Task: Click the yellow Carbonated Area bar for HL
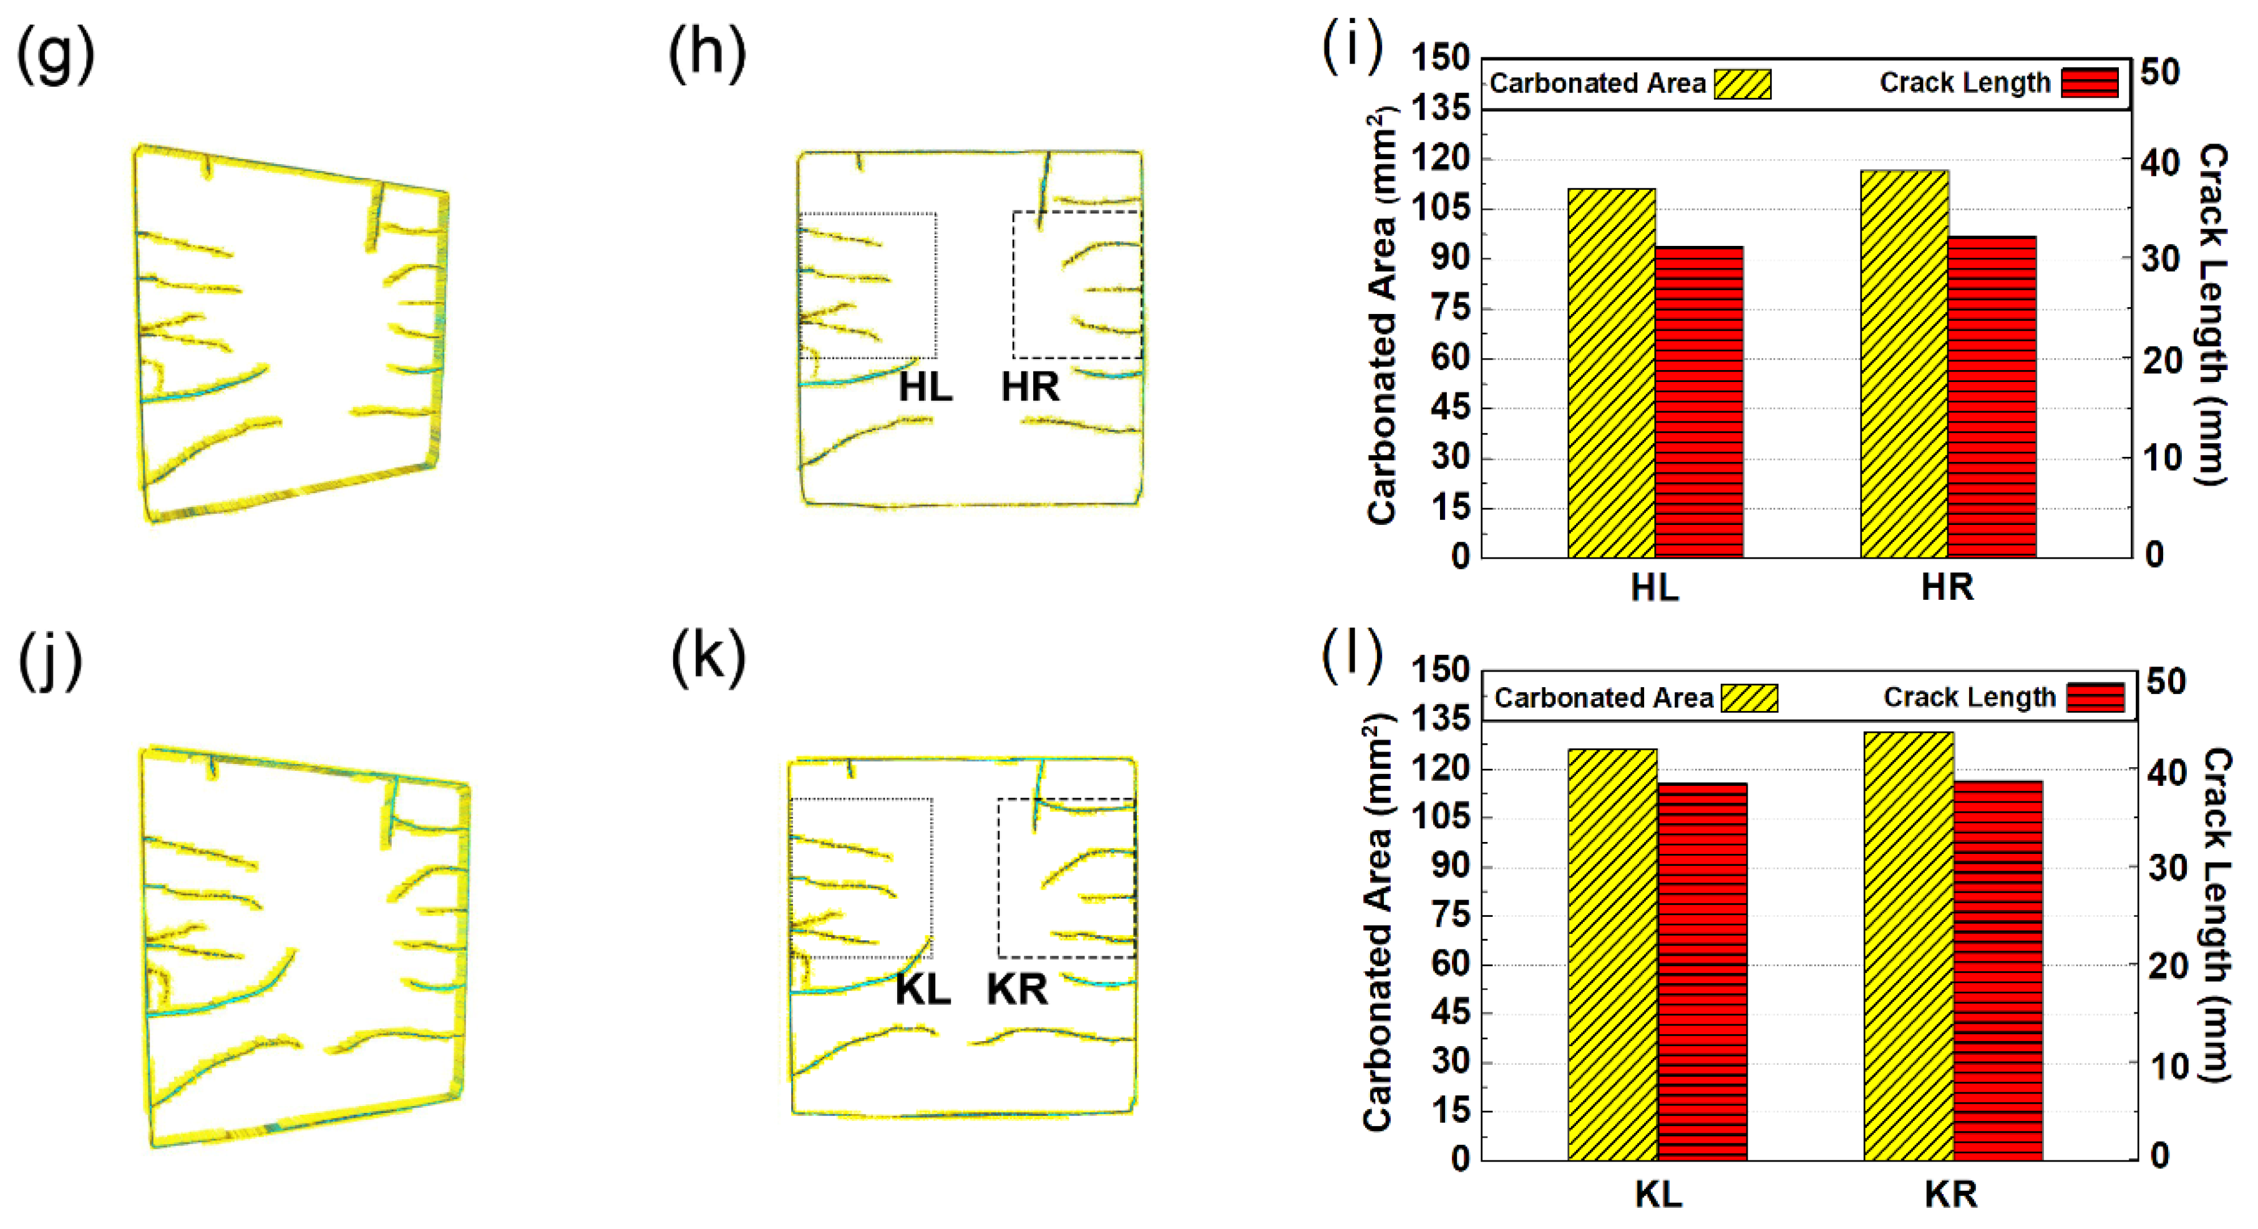tap(1611, 373)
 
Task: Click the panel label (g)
tap(56, 54)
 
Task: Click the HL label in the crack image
tap(925, 386)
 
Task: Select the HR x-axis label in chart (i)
tap(1947, 587)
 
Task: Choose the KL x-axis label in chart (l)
tap(1658, 1194)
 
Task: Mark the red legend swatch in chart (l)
tap(2095, 698)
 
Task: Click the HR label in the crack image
tap(1030, 386)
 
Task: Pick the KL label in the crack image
tap(922, 990)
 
